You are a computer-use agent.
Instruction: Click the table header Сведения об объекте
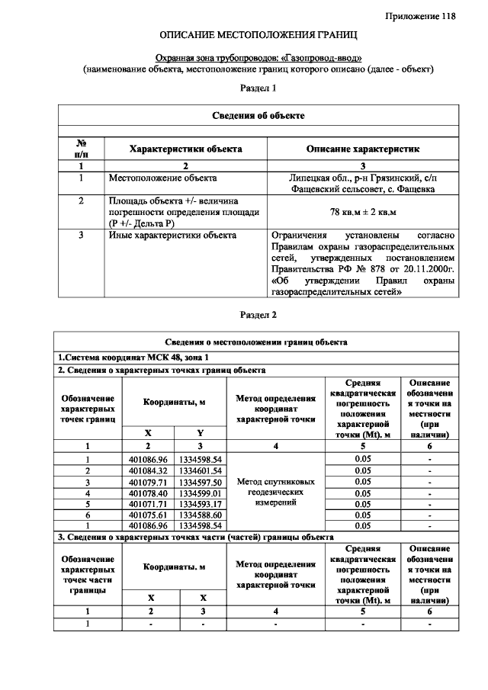coord(258,115)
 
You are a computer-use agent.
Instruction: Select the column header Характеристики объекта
coord(185,149)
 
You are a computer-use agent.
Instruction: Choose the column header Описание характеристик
coord(362,149)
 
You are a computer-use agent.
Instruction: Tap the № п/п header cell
coord(81,149)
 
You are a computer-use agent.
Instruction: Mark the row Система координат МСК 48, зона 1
coord(133,357)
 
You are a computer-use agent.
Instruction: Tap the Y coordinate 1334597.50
coord(200,482)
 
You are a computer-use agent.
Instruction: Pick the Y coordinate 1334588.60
coord(200,515)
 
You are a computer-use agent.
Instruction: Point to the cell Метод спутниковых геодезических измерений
coord(275,493)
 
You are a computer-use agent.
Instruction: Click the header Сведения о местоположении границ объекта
coord(257,342)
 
